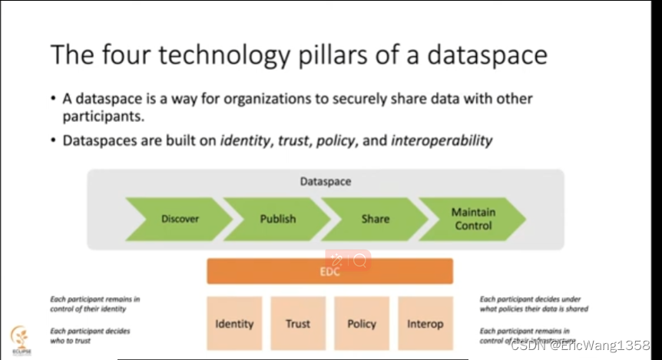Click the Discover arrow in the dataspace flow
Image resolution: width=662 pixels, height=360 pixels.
coord(180,219)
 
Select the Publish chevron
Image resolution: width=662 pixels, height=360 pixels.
coord(277,219)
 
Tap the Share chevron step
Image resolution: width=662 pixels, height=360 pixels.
coord(375,219)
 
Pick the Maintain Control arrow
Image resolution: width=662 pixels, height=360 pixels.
coord(472,219)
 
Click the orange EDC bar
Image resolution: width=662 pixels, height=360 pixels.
coord(329,272)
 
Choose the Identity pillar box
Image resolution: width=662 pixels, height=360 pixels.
coord(234,324)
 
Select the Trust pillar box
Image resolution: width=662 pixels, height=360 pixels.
coord(298,324)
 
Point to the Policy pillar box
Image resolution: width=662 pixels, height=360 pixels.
coord(362,324)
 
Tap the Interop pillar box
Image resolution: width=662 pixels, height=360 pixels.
coord(425,324)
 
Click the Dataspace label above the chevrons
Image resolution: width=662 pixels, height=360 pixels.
coord(326,182)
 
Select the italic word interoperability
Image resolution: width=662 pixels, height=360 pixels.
coord(442,140)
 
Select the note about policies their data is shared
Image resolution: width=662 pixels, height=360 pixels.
coord(533,304)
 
